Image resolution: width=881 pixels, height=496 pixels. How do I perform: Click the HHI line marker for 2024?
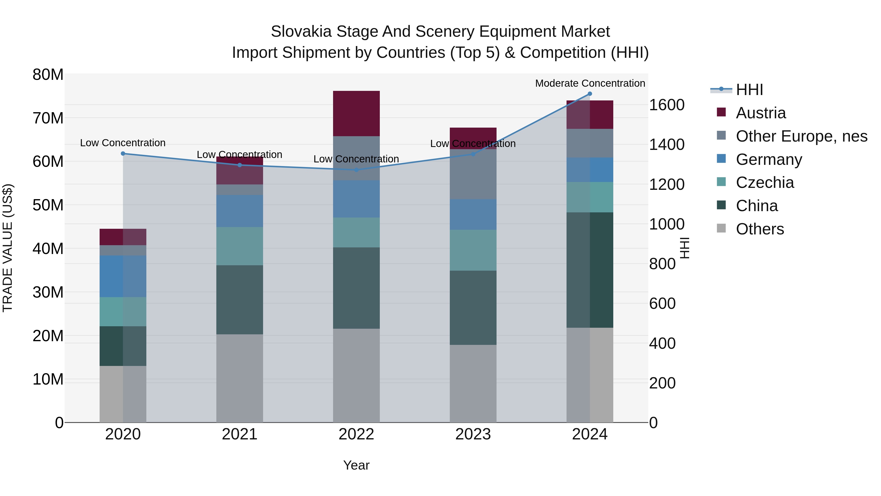click(x=590, y=94)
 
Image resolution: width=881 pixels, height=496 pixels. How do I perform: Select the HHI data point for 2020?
click(x=123, y=154)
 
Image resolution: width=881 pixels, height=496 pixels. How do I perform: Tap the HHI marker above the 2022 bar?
click(x=356, y=170)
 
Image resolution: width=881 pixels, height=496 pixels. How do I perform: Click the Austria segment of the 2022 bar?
click(x=356, y=114)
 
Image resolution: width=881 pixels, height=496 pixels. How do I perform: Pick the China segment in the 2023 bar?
click(x=473, y=307)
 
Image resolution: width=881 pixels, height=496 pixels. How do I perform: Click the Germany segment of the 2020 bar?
click(x=123, y=276)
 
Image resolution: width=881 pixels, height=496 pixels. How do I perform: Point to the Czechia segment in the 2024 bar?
click(x=590, y=197)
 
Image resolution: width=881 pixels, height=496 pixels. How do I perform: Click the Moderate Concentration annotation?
click(x=590, y=83)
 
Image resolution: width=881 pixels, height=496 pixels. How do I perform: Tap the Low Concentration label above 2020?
click(x=123, y=143)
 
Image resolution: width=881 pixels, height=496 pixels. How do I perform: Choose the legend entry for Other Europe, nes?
click(x=801, y=136)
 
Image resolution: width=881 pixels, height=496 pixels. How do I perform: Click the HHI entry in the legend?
click(x=749, y=90)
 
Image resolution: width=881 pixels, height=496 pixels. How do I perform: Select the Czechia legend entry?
click(x=765, y=182)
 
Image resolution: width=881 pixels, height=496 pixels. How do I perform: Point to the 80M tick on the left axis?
click(x=48, y=75)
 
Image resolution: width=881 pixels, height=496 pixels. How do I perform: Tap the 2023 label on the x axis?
click(x=473, y=434)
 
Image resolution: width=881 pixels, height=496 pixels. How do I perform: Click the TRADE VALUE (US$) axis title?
click(x=8, y=248)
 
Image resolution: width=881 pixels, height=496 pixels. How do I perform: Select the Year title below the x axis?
click(x=356, y=465)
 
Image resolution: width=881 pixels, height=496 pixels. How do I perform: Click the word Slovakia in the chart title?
click(x=301, y=32)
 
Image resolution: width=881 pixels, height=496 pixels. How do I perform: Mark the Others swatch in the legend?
click(x=721, y=228)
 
